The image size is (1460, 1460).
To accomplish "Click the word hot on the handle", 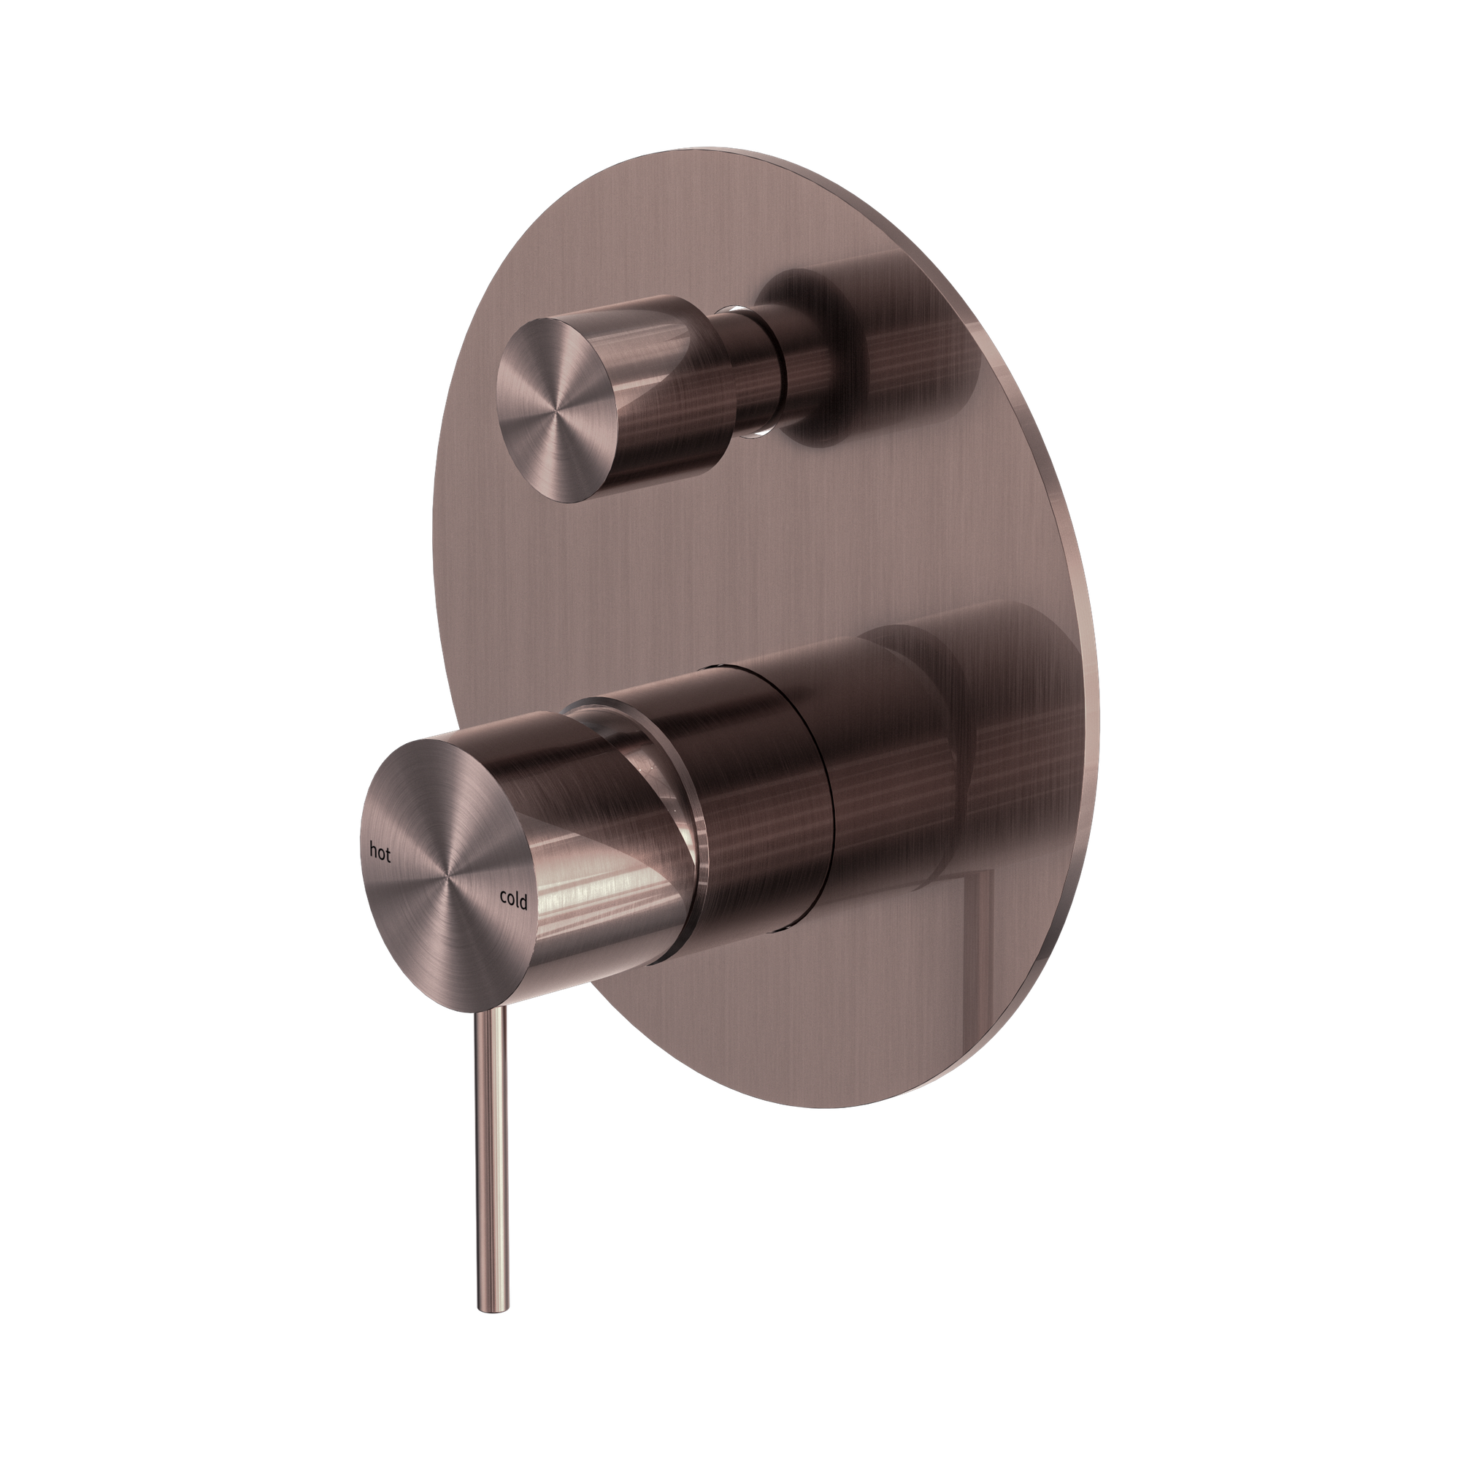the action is (x=380, y=853).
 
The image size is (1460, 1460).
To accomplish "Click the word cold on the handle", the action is (x=512, y=898).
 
